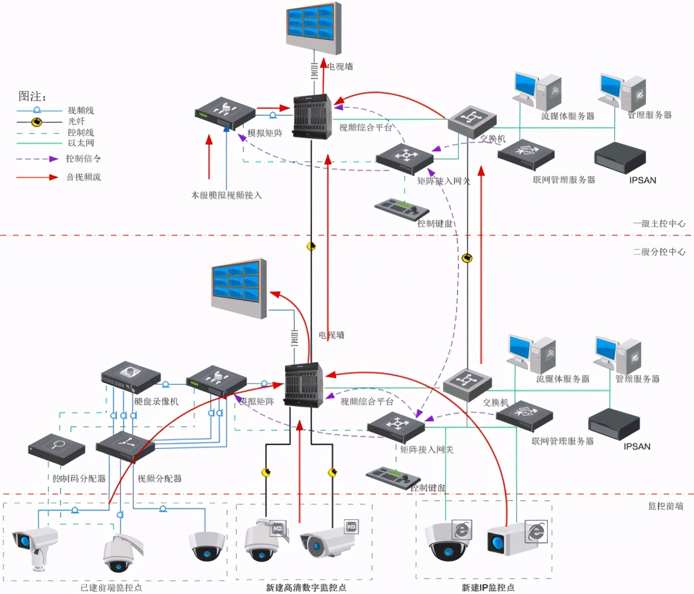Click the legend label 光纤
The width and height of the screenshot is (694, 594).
pyautogui.click(x=76, y=121)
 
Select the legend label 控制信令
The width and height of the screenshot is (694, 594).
pyautogui.click(x=83, y=158)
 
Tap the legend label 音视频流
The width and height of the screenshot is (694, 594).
pyautogui.click(x=83, y=177)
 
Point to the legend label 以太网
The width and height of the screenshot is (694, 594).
pyautogui.click(x=81, y=143)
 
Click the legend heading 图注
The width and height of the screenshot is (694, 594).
pyautogui.click(x=32, y=96)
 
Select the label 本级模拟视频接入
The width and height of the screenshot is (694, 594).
pyautogui.click(x=226, y=195)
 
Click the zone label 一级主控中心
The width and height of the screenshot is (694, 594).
pyautogui.click(x=659, y=223)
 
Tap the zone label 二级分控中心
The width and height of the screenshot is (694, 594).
pyautogui.click(x=659, y=252)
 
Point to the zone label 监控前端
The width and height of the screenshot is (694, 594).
pyautogui.click(x=665, y=506)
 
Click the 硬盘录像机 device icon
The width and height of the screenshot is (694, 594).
pyautogui.click(x=131, y=377)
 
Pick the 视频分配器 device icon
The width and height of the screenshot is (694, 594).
pyautogui.click(x=125, y=445)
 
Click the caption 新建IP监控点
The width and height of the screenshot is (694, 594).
pyautogui.click(x=488, y=588)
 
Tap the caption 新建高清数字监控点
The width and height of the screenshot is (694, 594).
pyautogui.click(x=306, y=588)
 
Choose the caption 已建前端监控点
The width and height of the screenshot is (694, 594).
pyautogui.click(x=111, y=588)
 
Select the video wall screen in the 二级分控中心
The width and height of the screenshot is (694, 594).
pyautogui.click(x=239, y=288)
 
